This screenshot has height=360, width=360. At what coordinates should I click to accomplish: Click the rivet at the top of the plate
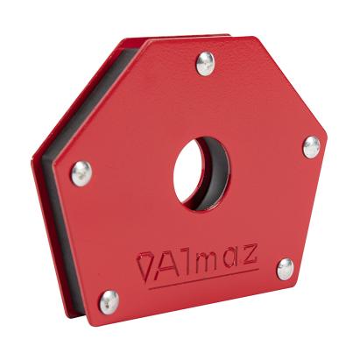coord(206,63)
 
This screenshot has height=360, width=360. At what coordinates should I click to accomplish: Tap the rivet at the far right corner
coord(311,146)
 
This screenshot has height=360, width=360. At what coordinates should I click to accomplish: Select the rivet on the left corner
coord(81,173)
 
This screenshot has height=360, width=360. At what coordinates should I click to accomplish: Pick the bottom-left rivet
coord(108,300)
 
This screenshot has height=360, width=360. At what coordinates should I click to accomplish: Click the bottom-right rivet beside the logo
coord(285,268)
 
